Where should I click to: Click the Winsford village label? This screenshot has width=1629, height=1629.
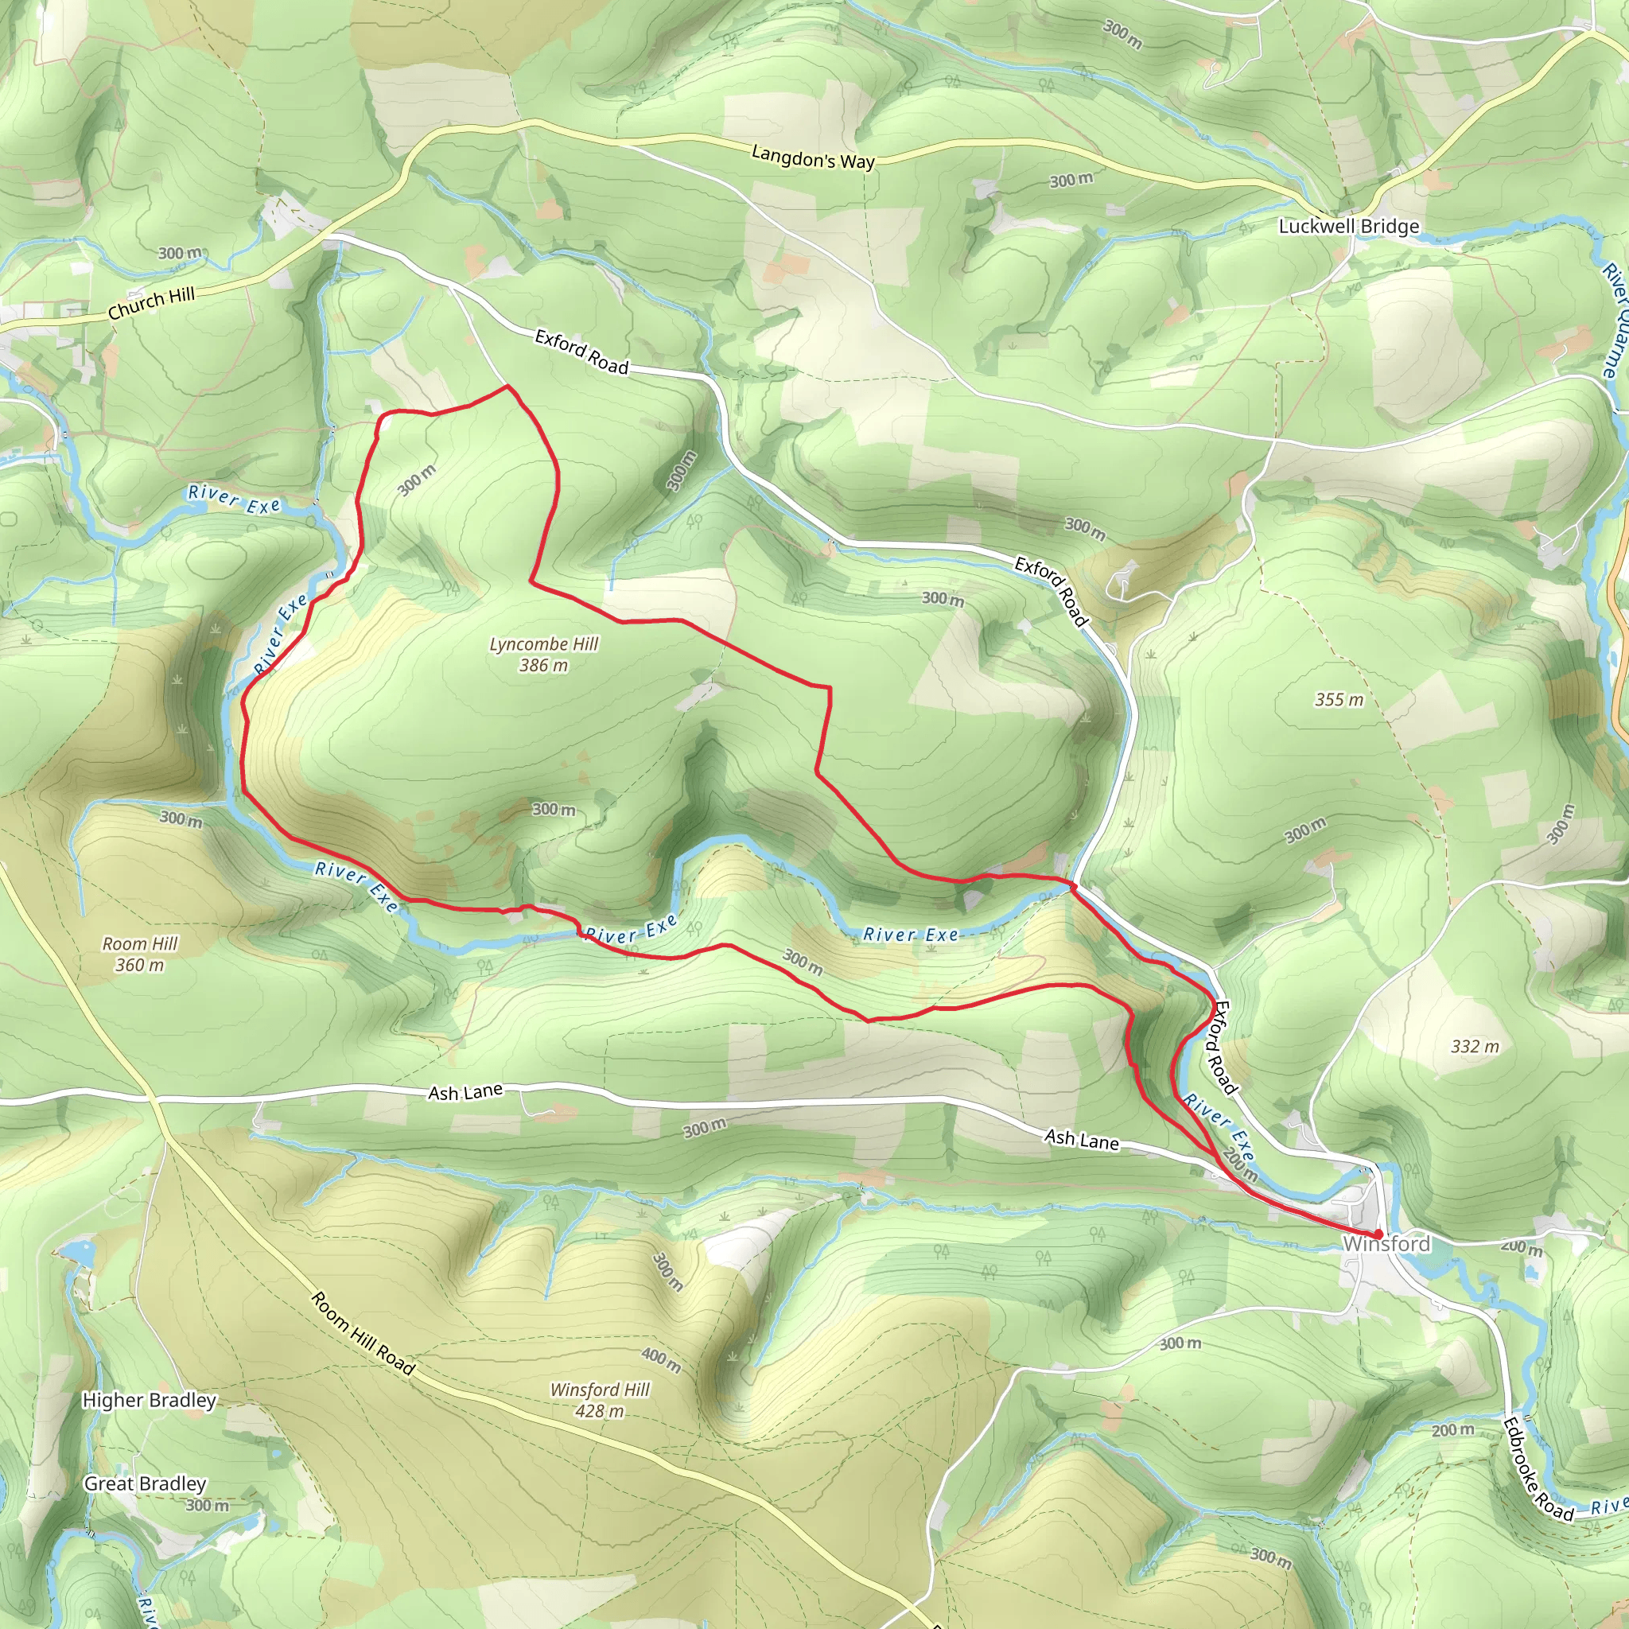click(1386, 1244)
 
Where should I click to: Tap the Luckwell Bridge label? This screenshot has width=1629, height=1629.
click(1348, 226)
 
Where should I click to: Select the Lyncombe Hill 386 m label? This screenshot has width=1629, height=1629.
click(544, 655)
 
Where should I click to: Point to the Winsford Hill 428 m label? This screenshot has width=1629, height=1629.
click(600, 1400)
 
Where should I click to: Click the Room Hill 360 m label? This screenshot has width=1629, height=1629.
click(140, 954)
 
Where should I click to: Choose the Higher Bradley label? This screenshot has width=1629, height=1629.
click(150, 1401)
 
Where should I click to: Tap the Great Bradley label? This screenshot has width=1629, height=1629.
click(145, 1484)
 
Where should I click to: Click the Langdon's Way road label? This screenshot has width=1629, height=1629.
click(813, 157)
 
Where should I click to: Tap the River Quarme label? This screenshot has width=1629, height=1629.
click(1615, 321)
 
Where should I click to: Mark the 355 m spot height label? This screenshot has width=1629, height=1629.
click(1339, 700)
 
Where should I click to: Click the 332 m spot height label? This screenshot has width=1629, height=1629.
click(1475, 1047)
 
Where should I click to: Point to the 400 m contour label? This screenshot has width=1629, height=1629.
click(661, 1359)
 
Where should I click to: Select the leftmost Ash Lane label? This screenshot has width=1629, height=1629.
click(465, 1093)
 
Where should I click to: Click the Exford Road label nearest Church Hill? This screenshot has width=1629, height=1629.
click(581, 352)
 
